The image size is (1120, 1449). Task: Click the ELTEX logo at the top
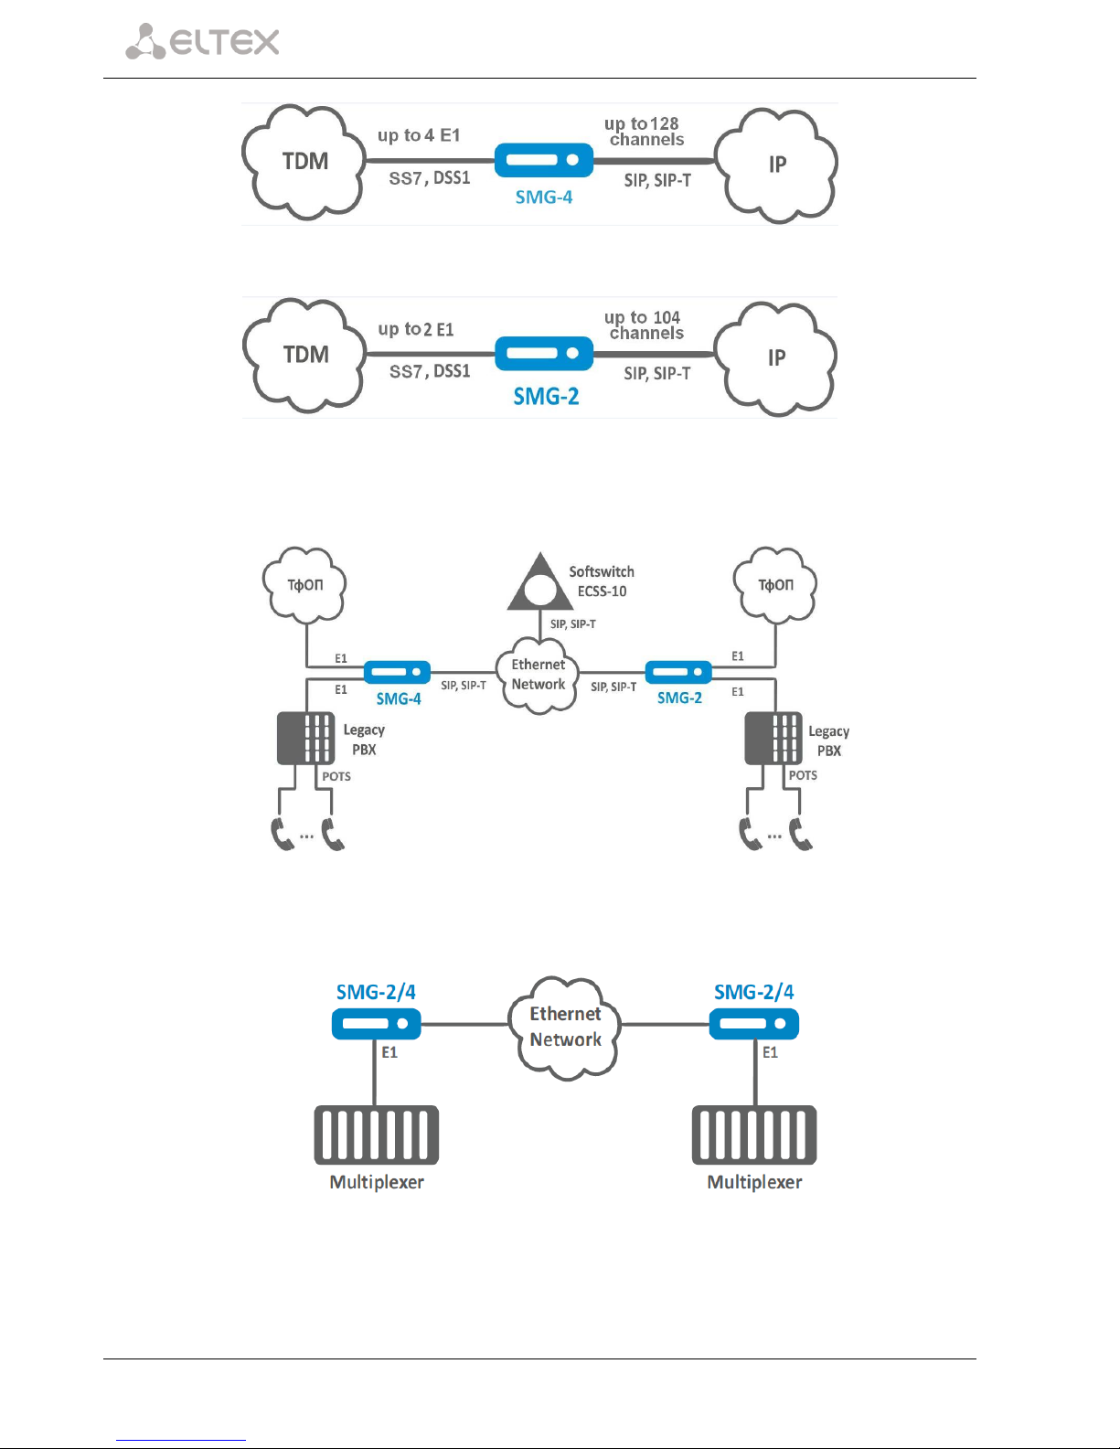point(202,41)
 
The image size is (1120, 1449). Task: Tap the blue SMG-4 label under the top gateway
point(543,197)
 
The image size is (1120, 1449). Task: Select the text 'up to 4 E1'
point(419,135)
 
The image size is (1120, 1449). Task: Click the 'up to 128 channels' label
point(644,132)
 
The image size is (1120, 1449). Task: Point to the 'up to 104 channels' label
point(644,325)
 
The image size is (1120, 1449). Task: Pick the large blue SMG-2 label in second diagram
point(546,397)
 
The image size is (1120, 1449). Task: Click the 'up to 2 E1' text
point(416,329)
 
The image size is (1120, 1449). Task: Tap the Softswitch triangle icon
point(540,581)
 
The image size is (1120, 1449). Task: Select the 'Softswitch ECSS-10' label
point(602,581)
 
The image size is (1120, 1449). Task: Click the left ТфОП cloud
point(304,585)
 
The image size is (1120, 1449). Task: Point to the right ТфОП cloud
point(775,585)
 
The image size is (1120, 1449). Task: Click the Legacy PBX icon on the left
point(306,738)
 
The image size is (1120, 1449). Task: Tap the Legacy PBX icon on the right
point(773,738)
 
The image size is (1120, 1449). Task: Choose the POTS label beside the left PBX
point(336,776)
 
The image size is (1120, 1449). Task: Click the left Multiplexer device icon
point(377,1135)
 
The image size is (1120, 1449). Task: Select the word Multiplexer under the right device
point(754,1182)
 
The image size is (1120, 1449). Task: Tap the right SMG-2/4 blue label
point(754,992)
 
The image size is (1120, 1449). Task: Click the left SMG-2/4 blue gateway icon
point(376,1024)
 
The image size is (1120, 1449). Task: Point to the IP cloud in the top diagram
point(776,165)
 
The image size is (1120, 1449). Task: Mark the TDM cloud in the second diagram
point(304,356)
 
